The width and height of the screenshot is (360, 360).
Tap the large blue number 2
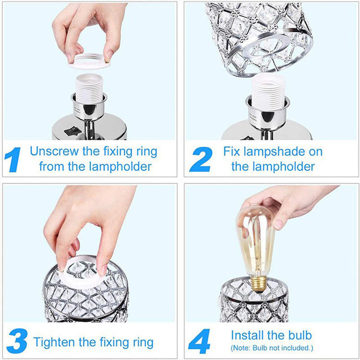coord(201,159)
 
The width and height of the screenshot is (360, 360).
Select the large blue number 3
coord(17,341)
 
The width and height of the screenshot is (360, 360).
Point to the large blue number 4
coord(199,341)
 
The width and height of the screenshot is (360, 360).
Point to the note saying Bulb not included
coord(272,348)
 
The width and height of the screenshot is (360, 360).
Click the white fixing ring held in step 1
coord(89,62)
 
